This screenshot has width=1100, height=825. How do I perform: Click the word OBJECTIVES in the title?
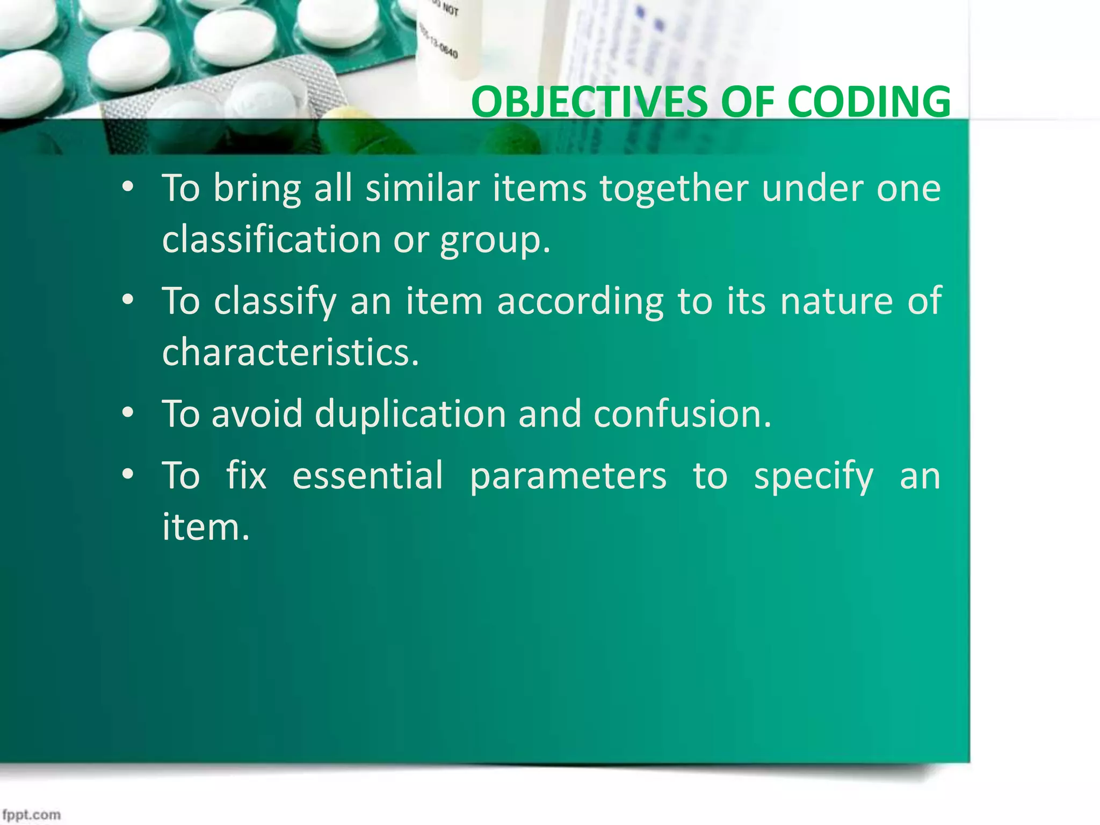point(589,102)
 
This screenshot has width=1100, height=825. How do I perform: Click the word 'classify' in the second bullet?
point(274,302)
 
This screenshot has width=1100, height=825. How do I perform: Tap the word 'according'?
point(580,302)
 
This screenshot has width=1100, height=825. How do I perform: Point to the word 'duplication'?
point(410,415)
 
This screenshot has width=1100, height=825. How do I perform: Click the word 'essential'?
point(368,476)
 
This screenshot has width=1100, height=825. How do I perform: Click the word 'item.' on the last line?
point(206,527)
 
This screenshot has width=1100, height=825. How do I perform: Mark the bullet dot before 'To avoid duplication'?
point(127,414)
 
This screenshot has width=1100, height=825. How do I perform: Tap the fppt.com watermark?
point(31,814)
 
